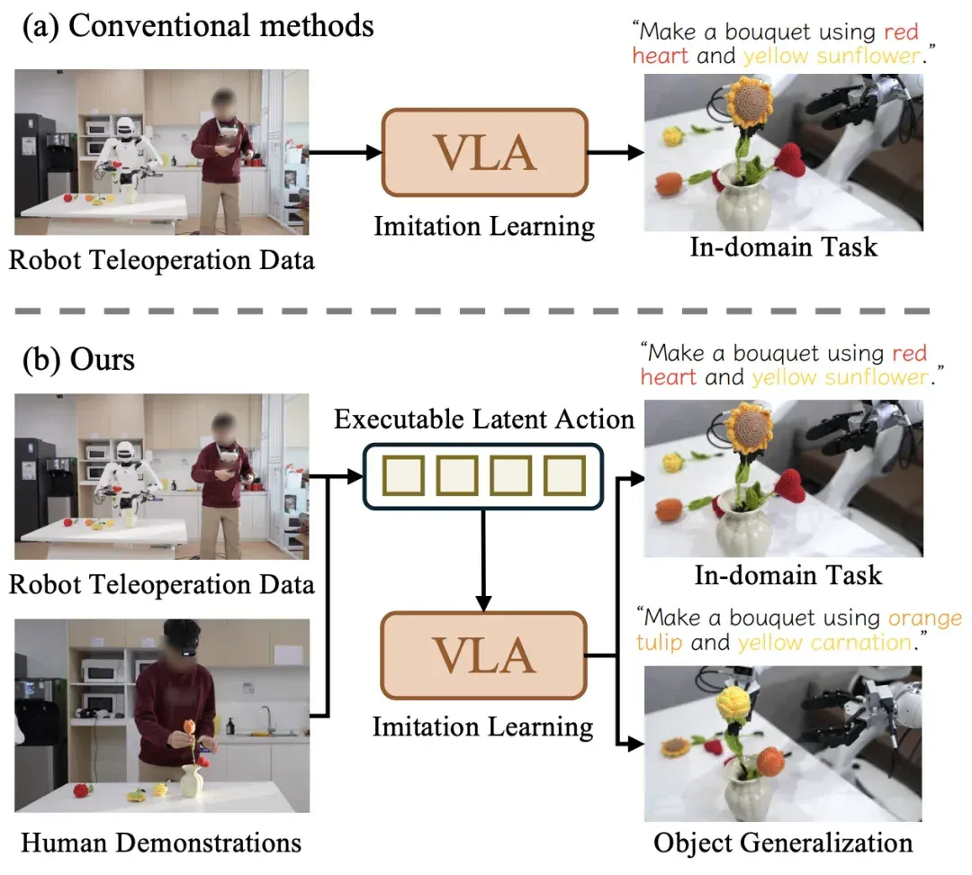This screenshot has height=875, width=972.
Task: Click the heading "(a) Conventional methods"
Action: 198,27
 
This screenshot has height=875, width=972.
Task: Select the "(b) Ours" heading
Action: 78,360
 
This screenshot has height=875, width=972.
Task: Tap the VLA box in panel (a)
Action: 485,152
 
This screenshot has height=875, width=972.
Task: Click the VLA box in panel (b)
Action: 484,655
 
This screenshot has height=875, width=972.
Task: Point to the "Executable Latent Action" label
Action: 484,419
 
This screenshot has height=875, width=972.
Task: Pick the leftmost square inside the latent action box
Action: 403,476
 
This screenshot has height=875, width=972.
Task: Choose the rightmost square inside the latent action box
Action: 564,476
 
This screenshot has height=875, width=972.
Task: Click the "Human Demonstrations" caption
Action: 161,843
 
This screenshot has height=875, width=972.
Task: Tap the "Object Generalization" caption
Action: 783,843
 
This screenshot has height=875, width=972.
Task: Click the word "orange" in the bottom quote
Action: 925,618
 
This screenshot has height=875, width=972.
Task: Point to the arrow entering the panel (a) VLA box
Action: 346,152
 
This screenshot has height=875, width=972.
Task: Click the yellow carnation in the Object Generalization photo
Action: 733,705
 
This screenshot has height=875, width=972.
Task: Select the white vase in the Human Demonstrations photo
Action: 193,780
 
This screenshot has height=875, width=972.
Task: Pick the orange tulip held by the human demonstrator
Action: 190,726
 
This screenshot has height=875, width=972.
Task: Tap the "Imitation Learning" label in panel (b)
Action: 483,726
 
